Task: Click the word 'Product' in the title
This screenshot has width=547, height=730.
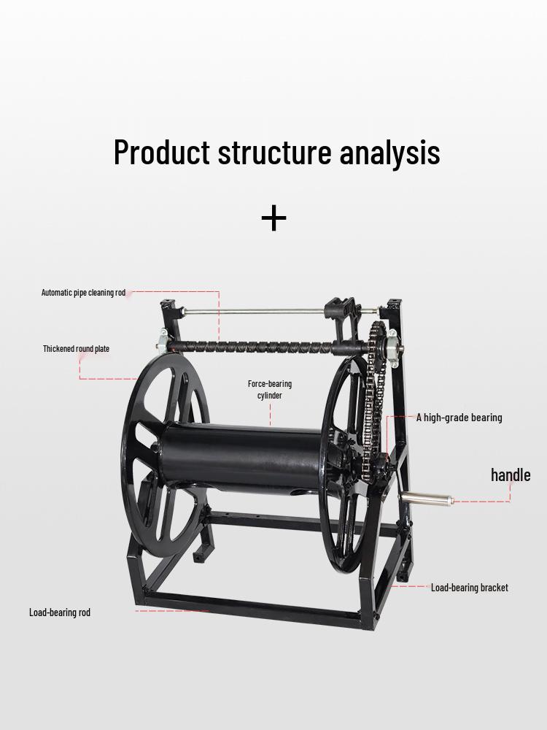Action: (162, 152)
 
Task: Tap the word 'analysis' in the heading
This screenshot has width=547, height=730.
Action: (389, 153)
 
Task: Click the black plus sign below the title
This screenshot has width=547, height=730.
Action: (274, 218)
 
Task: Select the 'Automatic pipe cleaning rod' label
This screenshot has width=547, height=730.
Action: (83, 293)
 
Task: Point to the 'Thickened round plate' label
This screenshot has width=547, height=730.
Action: (77, 349)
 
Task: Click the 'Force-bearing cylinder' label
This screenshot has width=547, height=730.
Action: (270, 390)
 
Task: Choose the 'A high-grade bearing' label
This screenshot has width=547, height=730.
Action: (459, 418)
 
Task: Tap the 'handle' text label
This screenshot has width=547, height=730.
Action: (511, 475)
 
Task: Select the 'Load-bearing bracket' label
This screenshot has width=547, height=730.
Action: (469, 588)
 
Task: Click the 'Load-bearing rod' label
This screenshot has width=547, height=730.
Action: (60, 612)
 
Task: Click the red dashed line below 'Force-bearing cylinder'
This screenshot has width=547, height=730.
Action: (271, 414)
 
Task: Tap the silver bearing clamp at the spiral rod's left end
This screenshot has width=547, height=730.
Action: (162, 340)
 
